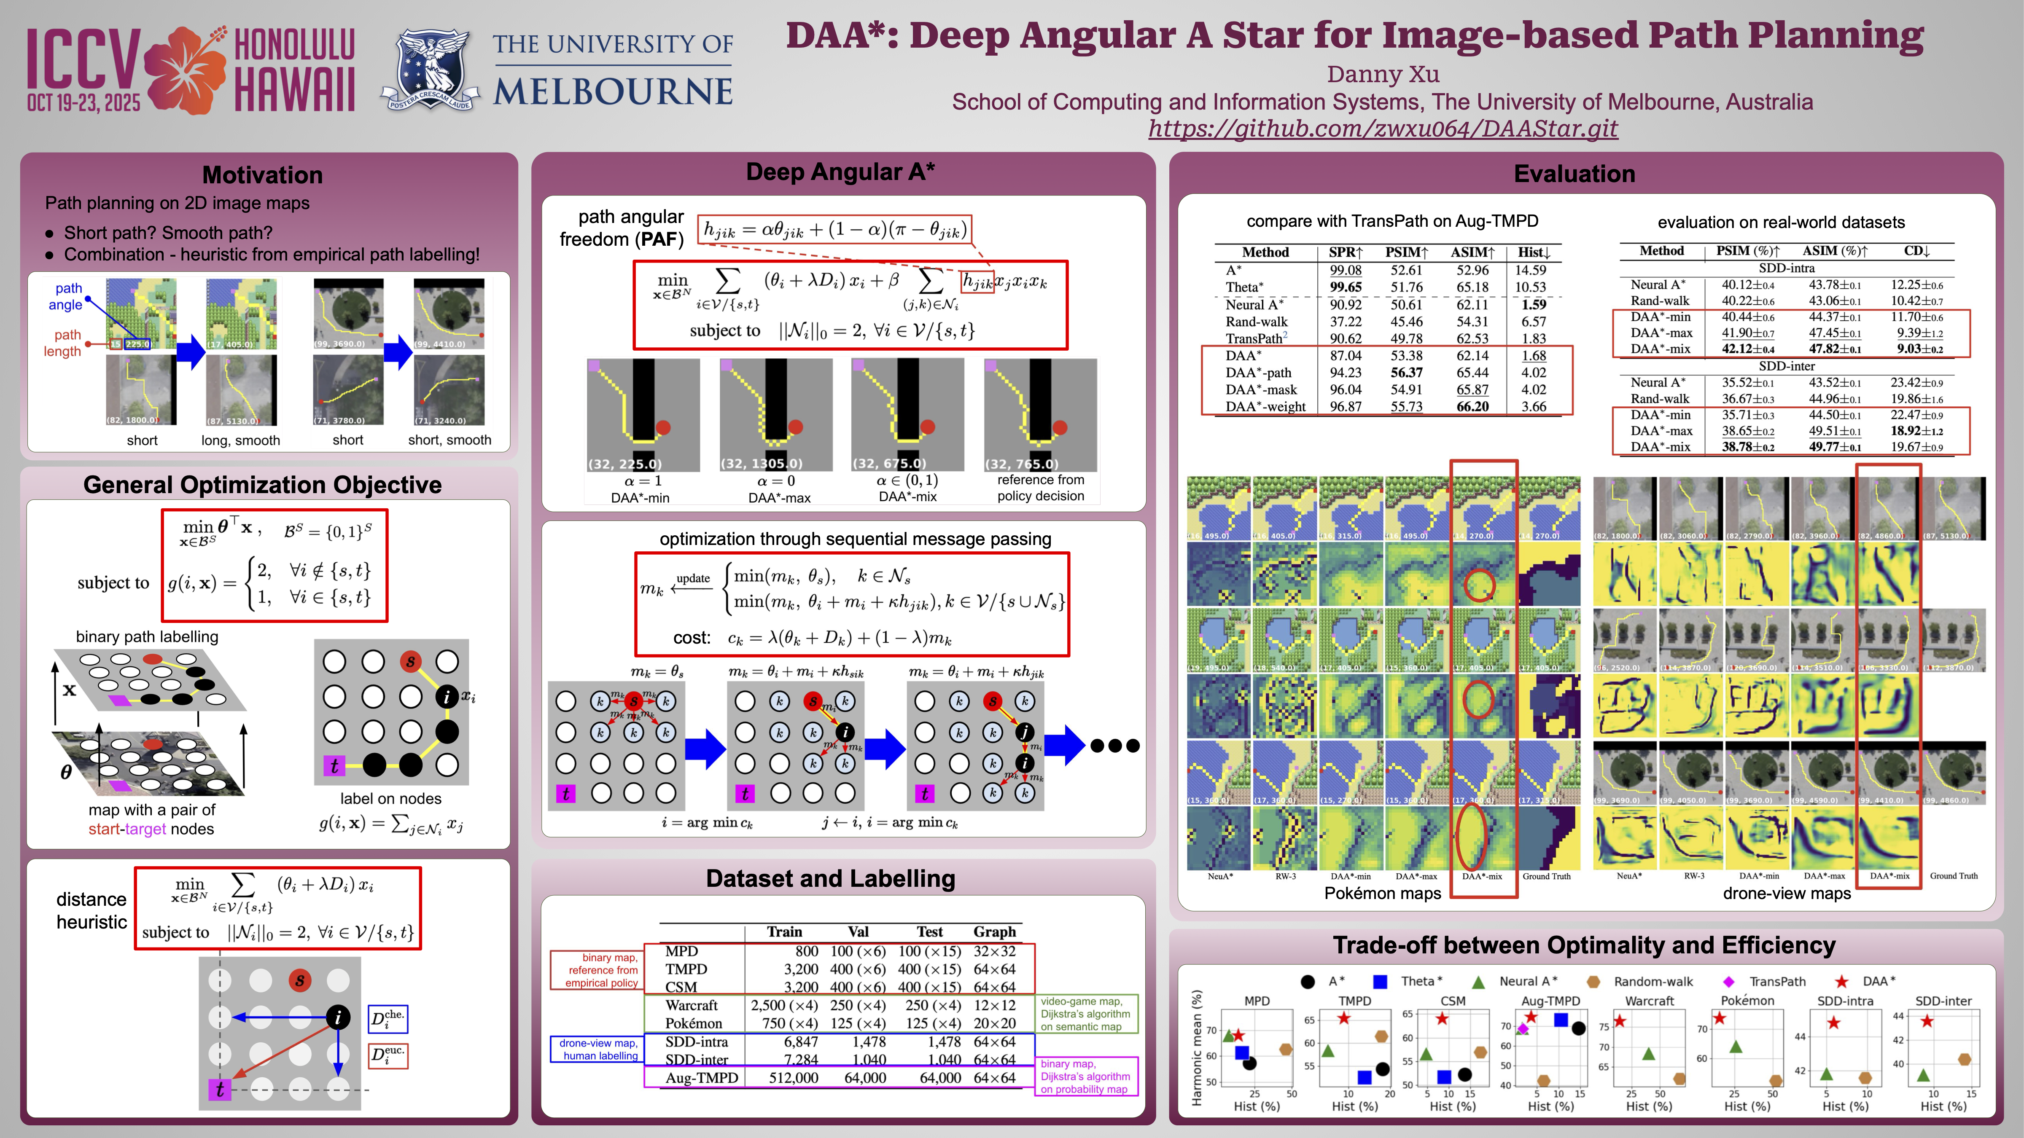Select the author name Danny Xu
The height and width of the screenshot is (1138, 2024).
(x=1383, y=75)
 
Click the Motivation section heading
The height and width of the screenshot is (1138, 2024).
(x=262, y=174)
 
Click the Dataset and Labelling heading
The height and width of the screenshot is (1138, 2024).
(x=831, y=878)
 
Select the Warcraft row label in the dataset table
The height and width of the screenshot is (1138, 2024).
(x=692, y=1005)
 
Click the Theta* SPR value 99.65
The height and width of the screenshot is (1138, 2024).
(x=1345, y=287)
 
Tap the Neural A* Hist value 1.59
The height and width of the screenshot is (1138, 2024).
(x=1533, y=305)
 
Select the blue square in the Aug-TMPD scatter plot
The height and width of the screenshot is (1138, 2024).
(x=1561, y=1020)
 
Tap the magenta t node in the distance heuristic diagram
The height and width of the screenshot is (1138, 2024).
(x=219, y=1089)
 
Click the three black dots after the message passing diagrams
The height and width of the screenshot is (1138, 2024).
(x=1115, y=745)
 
